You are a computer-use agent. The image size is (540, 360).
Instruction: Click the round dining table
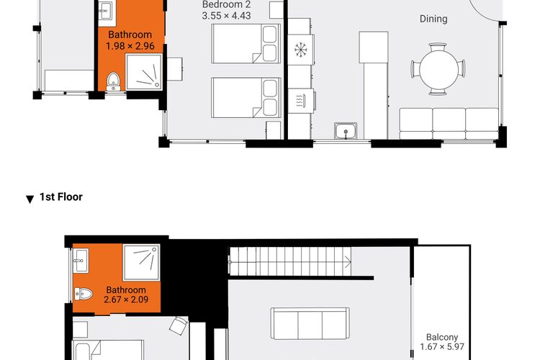coord(438,69)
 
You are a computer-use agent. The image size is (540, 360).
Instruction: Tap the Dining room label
coord(433,19)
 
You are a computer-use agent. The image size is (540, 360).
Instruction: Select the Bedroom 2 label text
coord(226,5)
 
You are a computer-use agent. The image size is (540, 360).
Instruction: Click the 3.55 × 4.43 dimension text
coord(226,16)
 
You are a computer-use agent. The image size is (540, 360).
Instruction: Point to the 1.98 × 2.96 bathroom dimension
coord(130,46)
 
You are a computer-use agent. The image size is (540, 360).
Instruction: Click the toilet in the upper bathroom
coord(113,81)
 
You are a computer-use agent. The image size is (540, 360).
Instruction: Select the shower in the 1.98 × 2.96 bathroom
coord(144,72)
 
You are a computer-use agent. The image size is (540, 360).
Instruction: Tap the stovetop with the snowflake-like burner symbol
coord(301,50)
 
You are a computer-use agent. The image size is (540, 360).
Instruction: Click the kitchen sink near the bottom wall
coord(346,131)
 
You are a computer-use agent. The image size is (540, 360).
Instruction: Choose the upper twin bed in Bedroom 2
coord(246,43)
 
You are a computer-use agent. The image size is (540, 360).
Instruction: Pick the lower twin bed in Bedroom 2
coord(246,98)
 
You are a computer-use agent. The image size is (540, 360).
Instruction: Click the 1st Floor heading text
coord(61,197)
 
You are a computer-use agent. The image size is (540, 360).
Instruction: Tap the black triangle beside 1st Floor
coord(30,199)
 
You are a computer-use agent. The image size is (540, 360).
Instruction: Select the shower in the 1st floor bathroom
coord(142,262)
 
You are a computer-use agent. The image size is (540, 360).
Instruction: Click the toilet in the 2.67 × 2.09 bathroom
coord(83,294)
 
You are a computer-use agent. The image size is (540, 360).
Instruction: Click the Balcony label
coord(442,337)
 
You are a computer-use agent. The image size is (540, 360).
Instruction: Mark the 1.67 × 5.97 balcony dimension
coord(442,347)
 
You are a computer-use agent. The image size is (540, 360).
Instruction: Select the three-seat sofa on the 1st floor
coord(310,324)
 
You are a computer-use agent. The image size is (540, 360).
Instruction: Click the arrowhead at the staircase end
coord(348,263)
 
